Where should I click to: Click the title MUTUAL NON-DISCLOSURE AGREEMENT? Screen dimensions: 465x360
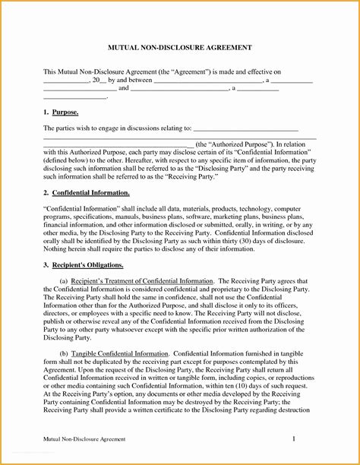pyautogui.click(x=180, y=47)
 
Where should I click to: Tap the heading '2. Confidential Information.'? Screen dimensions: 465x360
pyautogui.click(x=87, y=193)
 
